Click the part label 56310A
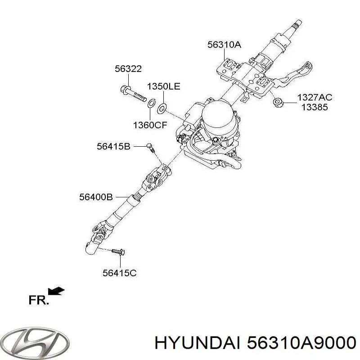tap(224, 45)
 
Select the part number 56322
tap(128, 69)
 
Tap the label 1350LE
tap(163, 86)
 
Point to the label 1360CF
tap(150, 125)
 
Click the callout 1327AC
tap(315, 97)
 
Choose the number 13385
tap(315, 107)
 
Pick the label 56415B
tap(113, 146)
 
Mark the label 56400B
tap(96, 197)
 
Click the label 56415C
tap(119, 273)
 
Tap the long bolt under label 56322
tap(133, 94)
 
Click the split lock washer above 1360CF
tap(152, 103)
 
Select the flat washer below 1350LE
tap(162, 108)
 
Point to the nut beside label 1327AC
tap(278, 103)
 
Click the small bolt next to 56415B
tap(150, 147)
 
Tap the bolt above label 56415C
tap(118, 252)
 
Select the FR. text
tap(39, 300)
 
